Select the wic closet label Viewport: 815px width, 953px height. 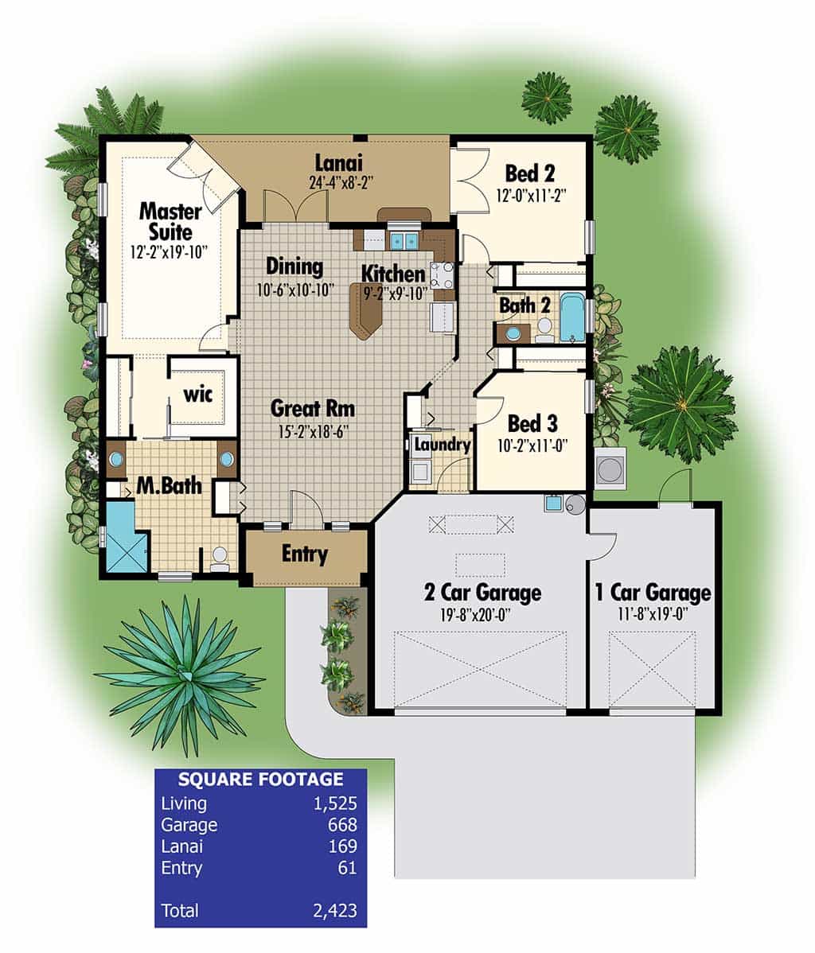pos(198,395)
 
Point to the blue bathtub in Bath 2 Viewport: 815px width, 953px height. pos(571,318)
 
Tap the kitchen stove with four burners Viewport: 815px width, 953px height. pos(443,274)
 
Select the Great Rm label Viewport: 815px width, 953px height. pos(313,408)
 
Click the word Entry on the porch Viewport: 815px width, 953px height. pos(304,554)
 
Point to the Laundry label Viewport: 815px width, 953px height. pos(443,445)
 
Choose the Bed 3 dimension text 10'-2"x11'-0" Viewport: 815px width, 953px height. pos(532,446)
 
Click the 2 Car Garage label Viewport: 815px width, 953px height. pos(483,592)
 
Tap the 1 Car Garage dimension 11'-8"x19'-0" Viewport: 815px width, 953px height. pos(653,614)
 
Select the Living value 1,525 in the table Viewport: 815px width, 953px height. pos(335,803)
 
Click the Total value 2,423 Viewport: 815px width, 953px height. pos(335,911)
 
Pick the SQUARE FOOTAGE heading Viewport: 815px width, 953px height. pos(261,779)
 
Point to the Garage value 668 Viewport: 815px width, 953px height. pos(342,825)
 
